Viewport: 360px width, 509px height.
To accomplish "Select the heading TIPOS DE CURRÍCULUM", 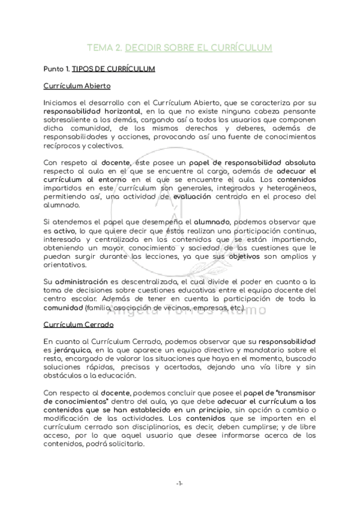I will [113, 69].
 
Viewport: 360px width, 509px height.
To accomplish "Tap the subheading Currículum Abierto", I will [76, 86].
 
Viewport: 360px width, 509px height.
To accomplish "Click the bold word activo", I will [64, 230].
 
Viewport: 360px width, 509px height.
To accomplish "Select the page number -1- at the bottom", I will [180, 483].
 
